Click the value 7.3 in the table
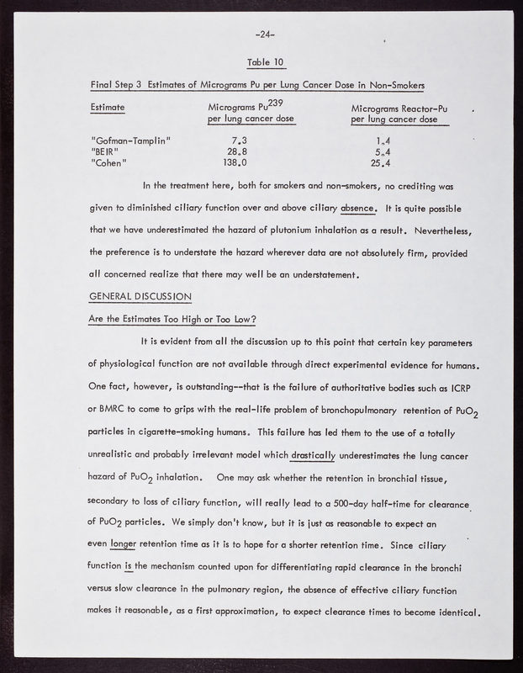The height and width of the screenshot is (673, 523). pos(238,140)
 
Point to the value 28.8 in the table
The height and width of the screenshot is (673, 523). pos(236,151)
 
